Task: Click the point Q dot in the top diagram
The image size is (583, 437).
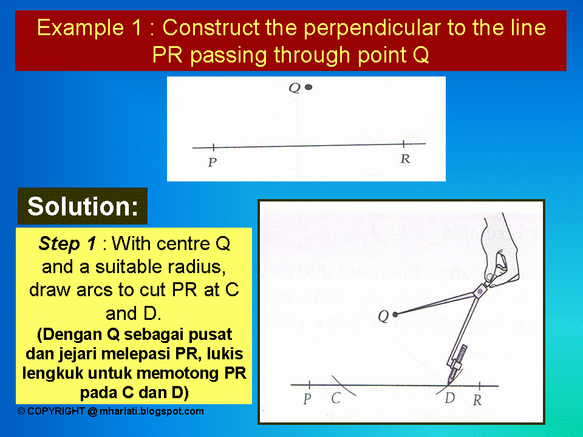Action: click(309, 87)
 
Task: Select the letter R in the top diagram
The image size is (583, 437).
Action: click(404, 159)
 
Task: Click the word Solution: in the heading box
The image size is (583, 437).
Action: click(83, 206)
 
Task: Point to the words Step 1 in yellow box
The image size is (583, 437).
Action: click(67, 244)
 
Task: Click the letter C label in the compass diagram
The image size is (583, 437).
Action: click(335, 399)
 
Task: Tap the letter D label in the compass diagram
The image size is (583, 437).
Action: click(450, 399)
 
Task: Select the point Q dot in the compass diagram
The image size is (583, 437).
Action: click(395, 314)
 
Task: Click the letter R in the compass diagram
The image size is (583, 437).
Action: click(477, 400)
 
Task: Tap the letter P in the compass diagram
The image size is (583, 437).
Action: click(307, 400)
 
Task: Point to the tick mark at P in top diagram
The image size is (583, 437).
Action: click(214, 147)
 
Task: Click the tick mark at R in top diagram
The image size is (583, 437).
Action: click(404, 144)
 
